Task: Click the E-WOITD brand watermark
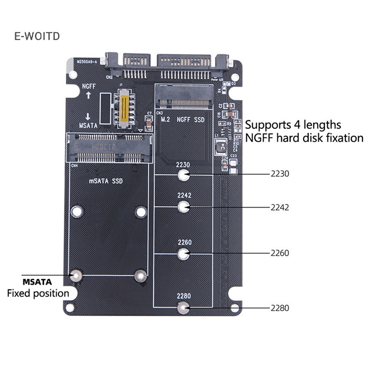[37, 36]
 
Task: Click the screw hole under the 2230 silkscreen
[184, 175]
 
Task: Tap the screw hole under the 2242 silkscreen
[184, 207]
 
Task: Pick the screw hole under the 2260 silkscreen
[184, 253]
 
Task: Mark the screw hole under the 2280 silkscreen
[184, 308]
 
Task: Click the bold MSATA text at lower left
[37, 282]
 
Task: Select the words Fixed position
[38, 293]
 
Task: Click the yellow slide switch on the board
[124, 108]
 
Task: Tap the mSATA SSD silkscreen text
[106, 181]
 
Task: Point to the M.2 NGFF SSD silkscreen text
[183, 119]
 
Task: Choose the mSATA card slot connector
[110, 147]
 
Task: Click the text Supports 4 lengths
[293, 124]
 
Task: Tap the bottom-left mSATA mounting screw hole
[76, 276]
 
